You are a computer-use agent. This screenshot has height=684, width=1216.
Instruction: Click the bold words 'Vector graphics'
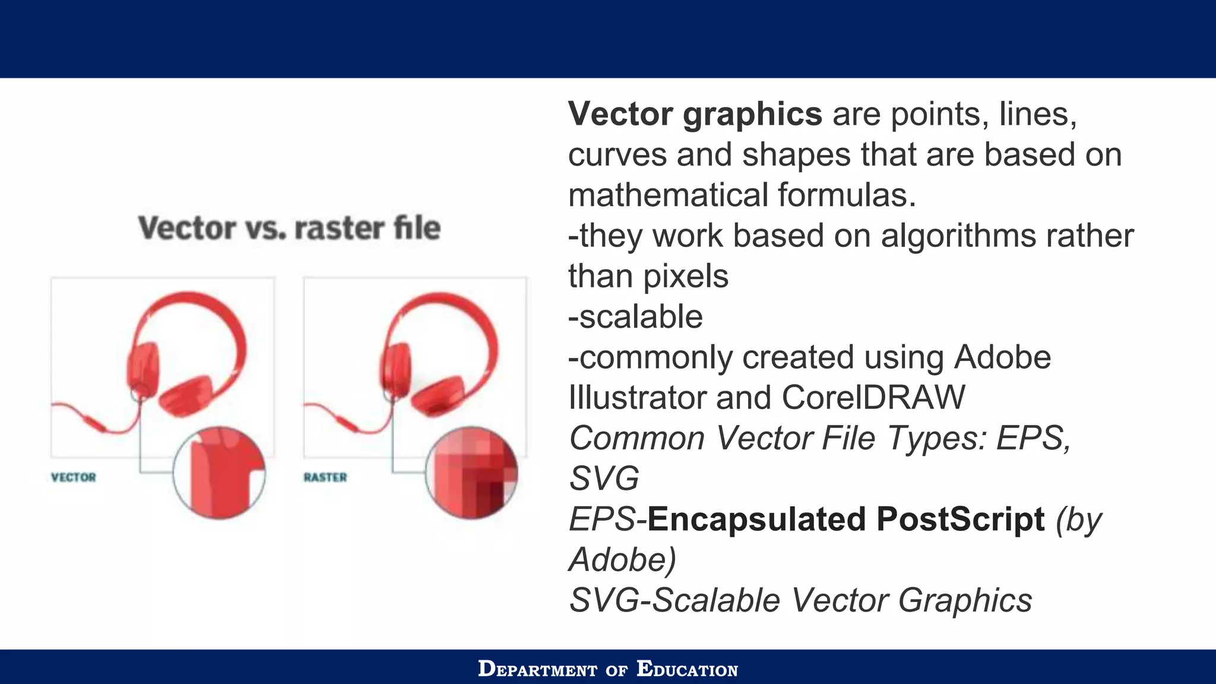coord(695,114)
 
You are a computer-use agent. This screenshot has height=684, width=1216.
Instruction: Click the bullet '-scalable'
coord(635,317)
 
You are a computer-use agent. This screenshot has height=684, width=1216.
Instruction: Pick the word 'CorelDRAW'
coord(873,398)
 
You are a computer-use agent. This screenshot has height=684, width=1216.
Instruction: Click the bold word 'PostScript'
coord(960,520)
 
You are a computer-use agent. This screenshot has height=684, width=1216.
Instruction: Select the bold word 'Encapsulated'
coord(756,520)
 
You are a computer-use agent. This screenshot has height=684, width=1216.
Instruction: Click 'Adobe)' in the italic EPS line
coord(622,560)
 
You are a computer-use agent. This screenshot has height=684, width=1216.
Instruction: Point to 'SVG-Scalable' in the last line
coord(674,600)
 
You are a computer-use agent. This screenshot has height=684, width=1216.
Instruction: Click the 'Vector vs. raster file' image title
coord(289,228)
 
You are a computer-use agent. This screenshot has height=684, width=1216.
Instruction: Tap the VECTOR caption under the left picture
coord(73,477)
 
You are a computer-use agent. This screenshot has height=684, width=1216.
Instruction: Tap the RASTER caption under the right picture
coord(325,477)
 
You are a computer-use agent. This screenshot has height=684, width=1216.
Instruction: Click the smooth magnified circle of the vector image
coord(219,473)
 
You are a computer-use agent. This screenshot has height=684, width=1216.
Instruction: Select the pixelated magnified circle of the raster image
coord(471,473)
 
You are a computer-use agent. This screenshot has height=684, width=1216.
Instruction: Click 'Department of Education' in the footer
coord(607,669)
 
